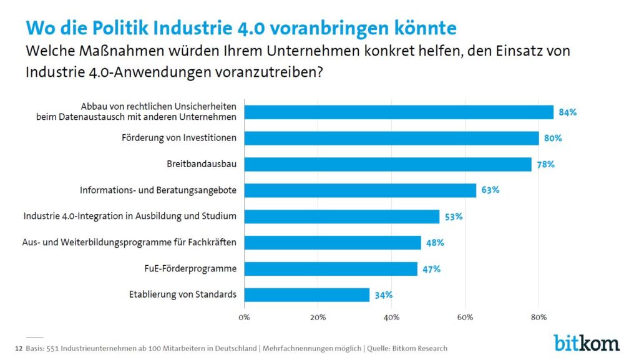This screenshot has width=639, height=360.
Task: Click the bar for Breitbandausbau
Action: coord(388,164)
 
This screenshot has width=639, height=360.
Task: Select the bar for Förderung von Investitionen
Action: coord(391,138)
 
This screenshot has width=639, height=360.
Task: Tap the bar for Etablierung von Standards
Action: coord(306,294)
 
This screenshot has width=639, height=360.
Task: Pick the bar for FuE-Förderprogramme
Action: coord(331,269)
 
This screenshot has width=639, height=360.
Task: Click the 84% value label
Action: coord(568,112)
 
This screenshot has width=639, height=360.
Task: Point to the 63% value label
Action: coord(490,190)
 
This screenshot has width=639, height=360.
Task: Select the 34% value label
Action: coord(384,295)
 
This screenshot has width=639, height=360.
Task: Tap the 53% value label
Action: coord(454,216)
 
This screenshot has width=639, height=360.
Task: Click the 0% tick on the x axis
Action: coord(244,317)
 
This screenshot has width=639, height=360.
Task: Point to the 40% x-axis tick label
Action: coord(391,317)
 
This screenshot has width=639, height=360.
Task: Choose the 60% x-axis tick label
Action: coord(465,317)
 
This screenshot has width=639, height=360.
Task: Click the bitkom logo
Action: coord(586,342)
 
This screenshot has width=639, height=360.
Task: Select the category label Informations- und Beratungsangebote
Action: coord(158,190)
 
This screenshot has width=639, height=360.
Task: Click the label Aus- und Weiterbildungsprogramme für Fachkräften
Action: coord(125,242)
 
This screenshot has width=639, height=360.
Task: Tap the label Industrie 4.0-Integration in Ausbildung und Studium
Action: coord(130,216)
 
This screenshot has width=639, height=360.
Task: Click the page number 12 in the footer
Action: coord(17,348)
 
